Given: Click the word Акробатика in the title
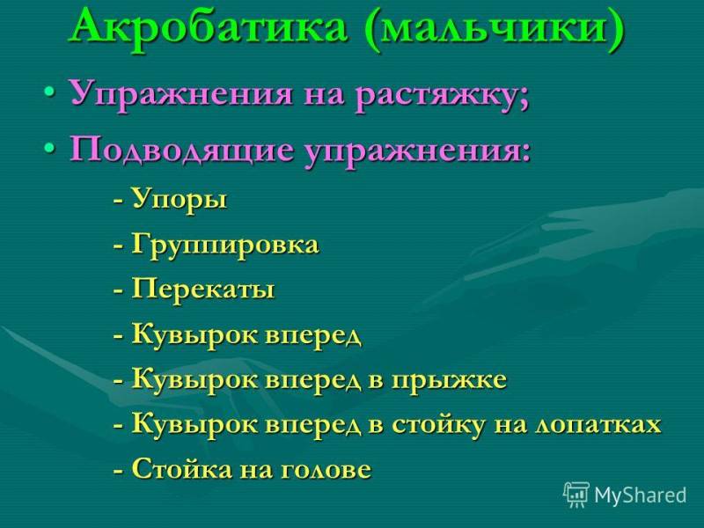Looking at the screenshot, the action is pos(209,28).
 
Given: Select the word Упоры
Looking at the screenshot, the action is pos(179,200).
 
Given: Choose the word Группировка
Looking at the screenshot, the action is pos(225,246).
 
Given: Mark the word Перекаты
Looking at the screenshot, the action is pos(202,289).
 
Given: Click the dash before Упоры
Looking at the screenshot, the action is pos(119,201).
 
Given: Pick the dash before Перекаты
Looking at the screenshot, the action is pos(119,290).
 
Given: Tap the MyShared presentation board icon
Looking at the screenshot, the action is pos(576,495).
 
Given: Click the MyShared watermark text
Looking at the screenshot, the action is pos(641,495).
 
